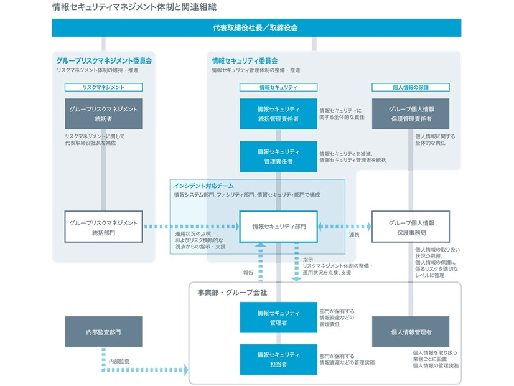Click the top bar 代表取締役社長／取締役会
(256, 27)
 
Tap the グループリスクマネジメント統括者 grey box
(103, 114)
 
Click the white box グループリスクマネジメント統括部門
(103, 227)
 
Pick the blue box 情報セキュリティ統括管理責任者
(278, 114)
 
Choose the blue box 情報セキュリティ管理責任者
(278, 156)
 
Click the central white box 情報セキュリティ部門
(278, 227)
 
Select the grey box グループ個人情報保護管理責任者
(411, 114)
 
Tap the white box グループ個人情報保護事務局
(411, 227)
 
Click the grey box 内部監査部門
(103, 332)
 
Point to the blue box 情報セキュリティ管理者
(278, 318)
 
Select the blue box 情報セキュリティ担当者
(278, 359)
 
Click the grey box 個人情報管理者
(411, 332)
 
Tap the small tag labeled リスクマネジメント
(103, 88)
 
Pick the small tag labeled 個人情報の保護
(411, 88)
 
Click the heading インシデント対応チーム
(203, 185)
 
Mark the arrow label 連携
(354, 235)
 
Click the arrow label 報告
(248, 272)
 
